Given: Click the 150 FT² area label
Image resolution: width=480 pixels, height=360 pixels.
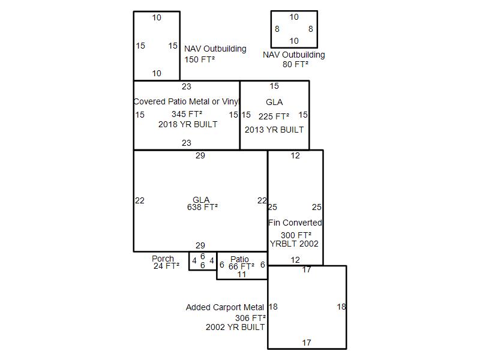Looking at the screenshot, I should [x=200, y=59].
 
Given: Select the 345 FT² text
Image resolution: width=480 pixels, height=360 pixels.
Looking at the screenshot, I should [x=187, y=114].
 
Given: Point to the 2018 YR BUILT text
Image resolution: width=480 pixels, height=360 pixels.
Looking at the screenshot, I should [x=188, y=124].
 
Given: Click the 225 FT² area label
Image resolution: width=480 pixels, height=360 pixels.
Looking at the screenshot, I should [x=274, y=116].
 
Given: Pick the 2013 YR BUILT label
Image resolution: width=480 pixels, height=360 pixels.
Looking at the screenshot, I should [x=274, y=130].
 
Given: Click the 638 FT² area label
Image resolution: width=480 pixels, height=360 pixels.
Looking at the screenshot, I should [x=202, y=207].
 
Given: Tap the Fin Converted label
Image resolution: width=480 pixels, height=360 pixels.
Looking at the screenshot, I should [x=295, y=223].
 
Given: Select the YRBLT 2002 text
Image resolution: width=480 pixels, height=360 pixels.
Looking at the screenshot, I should [x=294, y=244].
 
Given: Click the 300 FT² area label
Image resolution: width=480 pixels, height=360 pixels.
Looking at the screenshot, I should [x=296, y=235].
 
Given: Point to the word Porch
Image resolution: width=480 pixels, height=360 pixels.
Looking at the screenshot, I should [x=163, y=259].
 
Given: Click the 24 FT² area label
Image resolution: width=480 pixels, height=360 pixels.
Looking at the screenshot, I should [x=166, y=266].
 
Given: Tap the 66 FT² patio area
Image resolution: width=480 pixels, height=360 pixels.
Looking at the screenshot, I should [x=241, y=266].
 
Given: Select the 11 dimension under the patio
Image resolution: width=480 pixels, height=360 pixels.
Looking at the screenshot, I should [x=242, y=274].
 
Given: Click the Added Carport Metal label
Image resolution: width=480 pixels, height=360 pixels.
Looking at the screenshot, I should [x=225, y=307].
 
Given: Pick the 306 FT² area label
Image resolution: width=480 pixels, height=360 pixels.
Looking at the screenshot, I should [x=250, y=318].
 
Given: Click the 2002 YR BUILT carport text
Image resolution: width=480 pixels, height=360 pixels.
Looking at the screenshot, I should [x=235, y=328].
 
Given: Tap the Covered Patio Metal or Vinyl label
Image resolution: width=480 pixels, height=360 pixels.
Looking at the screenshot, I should [x=186, y=101].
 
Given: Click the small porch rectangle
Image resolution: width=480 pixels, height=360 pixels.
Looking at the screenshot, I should [x=203, y=261].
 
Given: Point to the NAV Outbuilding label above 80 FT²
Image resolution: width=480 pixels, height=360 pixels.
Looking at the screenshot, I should [x=294, y=55].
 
